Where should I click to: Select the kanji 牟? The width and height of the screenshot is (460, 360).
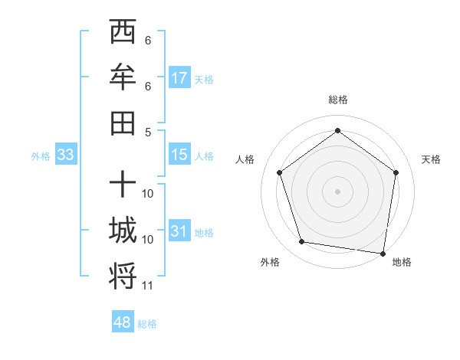(x=123, y=77)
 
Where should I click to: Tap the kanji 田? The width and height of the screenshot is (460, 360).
(x=123, y=121)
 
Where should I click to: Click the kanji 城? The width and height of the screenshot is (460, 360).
(x=123, y=230)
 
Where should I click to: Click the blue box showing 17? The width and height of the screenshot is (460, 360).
(x=179, y=78)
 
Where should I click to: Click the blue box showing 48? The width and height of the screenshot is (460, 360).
(x=123, y=322)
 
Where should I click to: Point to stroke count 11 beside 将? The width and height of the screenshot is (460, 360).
(x=148, y=286)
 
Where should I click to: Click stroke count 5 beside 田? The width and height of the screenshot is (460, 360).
(x=148, y=131)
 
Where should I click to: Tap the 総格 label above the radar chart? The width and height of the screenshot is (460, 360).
(x=337, y=100)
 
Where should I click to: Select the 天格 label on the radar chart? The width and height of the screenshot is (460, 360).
(x=431, y=159)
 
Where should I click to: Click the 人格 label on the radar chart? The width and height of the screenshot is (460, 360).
(x=245, y=159)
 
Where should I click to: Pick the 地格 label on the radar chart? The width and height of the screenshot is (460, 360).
(x=402, y=262)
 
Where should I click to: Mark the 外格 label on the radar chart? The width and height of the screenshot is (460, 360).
(x=270, y=262)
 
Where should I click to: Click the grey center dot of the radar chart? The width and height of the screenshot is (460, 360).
(x=337, y=191)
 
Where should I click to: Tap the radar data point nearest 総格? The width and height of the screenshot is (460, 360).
(x=337, y=130)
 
